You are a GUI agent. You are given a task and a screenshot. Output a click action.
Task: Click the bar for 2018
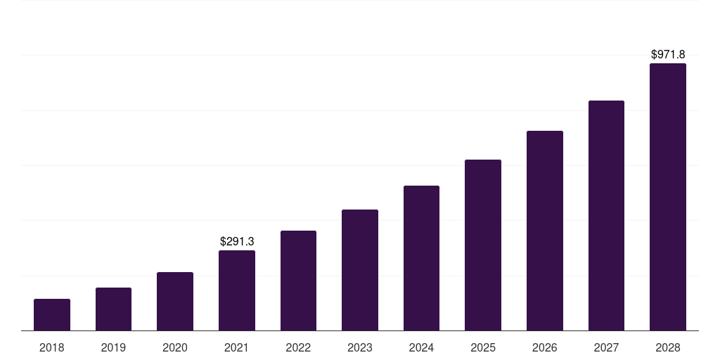pyautogui.click(x=52, y=314)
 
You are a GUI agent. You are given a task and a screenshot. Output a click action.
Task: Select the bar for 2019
pyautogui.click(x=113, y=309)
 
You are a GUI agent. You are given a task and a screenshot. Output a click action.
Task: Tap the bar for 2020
pyautogui.click(x=175, y=301)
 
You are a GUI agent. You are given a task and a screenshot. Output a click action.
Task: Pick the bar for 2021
pyautogui.click(x=237, y=290)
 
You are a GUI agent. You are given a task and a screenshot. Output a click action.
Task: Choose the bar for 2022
pyautogui.click(x=298, y=281)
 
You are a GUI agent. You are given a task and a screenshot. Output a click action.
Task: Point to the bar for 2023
pyautogui.click(x=360, y=270)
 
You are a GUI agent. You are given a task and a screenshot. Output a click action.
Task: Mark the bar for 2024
pyautogui.click(x=421, y=258)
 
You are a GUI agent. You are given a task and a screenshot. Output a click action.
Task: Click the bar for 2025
pyautogui.click(x=483, y=245)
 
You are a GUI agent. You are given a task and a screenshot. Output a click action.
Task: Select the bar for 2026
pyautogui.click(x=545, y=231)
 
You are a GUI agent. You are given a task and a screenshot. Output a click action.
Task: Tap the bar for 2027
pyautogui.click(x=606, y=215)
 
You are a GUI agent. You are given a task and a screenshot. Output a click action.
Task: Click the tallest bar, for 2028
pyautogui.click(x=668, y=197)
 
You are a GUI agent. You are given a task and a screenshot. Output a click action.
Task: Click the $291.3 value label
pyautogui.click(x=237, y=241)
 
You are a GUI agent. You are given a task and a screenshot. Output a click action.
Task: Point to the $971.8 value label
pyautogui.click(x=668, y=54)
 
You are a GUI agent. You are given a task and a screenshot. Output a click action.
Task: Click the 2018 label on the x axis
pyautogui.click(x=52, y=347)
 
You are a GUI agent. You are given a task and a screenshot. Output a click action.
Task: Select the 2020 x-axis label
pyautogui.click(x=175, y=347)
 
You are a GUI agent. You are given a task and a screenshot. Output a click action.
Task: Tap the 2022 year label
pyautogui.click(x=298, y=347)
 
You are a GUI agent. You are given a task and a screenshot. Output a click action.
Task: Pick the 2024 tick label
pyautogui.click(x=421, y=347)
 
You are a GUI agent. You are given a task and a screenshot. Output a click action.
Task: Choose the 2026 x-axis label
pyautogui.click(x=545, y=347)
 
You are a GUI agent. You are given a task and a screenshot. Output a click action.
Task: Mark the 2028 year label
pyautogui.click(x=668, y=347)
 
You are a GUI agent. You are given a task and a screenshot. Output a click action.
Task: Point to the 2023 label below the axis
pyautogui.click(x=360, y=347)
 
